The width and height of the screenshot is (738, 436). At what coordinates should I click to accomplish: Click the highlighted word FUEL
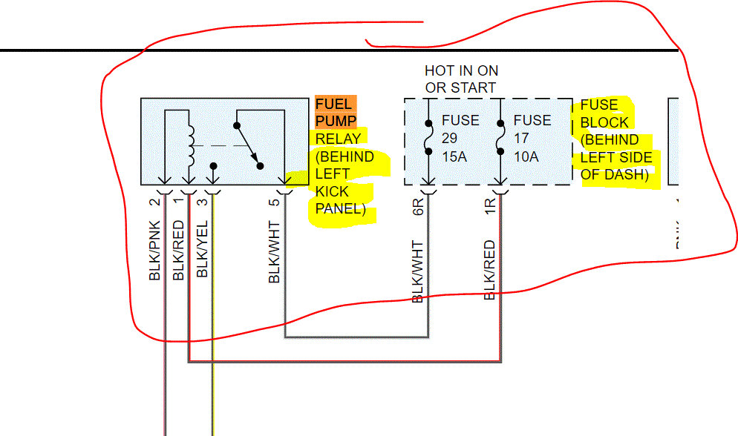tap(333, 104)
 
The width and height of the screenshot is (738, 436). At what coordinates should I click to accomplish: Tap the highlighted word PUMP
tap(336, 121)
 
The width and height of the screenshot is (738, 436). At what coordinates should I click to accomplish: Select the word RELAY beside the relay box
tap(338, 139)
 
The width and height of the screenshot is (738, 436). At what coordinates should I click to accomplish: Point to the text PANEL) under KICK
tap(341, 209)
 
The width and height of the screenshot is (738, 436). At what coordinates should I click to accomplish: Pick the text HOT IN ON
tap(461, 71)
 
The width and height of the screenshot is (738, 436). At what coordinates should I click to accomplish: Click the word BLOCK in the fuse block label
tap(604, 122)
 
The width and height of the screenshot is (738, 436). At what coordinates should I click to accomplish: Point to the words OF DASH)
tap(615, 175)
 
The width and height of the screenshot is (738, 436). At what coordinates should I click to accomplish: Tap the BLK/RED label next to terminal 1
tap(179, 251)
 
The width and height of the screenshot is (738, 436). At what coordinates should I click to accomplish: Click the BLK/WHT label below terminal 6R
tap(417, 271)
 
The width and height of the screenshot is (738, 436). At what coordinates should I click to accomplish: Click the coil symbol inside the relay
tap(191, 145)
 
